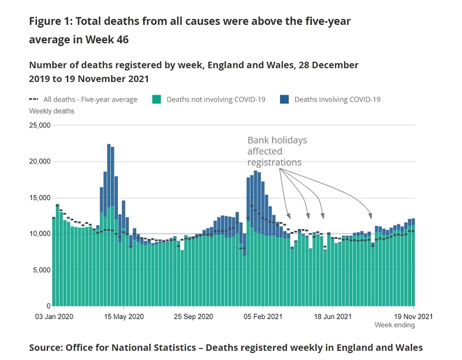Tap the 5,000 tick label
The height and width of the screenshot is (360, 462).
click(41, 270)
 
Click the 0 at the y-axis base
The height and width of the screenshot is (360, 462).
click(48, 306)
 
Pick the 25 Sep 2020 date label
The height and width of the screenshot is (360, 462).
click(193, 317)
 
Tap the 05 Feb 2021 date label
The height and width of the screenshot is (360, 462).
click(263, 317)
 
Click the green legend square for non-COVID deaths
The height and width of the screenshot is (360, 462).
click(157, 99)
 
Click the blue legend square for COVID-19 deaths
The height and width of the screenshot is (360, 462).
click(284, 99)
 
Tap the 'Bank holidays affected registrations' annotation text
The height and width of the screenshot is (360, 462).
click(277, 151)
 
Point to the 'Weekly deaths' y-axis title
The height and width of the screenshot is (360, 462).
click(51, 111)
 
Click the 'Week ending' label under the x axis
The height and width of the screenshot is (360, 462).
click(394, 325)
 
